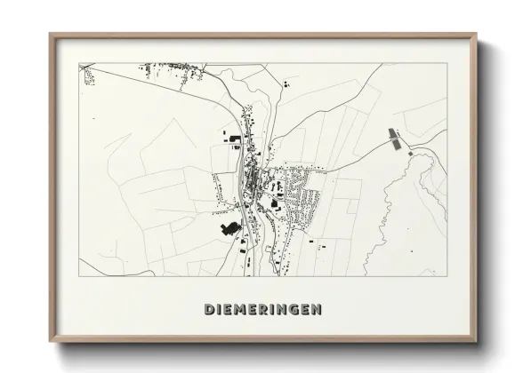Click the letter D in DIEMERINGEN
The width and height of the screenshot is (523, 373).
point(209,310)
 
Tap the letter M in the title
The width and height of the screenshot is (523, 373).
point(243,310)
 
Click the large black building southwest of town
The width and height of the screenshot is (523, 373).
point(229,230)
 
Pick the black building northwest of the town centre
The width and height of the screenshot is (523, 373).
point(232,138)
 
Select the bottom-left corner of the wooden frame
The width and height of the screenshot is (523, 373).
point(51,342)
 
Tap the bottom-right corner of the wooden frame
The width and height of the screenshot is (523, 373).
point(476,342)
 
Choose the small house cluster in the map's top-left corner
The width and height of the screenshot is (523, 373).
point(89,75)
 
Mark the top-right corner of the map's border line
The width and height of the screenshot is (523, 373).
point(447,62)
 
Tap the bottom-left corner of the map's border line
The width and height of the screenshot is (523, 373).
point(79,276)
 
